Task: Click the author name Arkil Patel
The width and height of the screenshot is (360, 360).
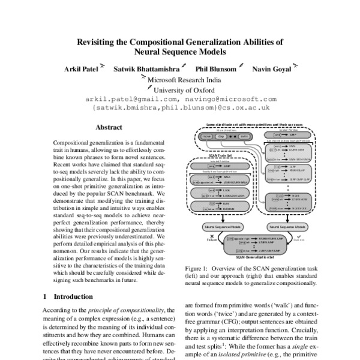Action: click(x=80, y=69)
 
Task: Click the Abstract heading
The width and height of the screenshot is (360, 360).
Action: click(x=109, y=127)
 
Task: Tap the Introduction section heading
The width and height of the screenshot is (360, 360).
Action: click(x=73, y=296)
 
